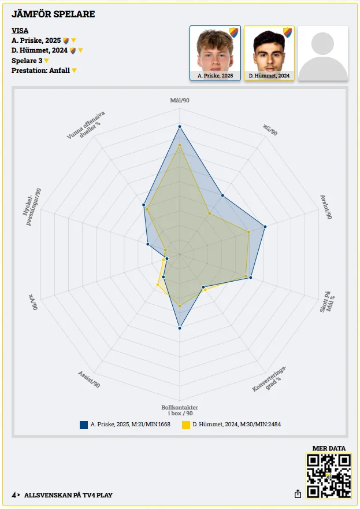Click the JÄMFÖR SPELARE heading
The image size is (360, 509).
pos(53,14)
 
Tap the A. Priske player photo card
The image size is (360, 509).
pos(215,53)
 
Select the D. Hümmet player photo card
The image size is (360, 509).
pos(269,53)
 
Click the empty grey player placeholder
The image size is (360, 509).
pos(323,53)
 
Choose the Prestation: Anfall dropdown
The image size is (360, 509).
pos(44,71)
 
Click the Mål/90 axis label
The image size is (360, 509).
pos(180,101)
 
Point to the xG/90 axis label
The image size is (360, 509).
pos(270,130)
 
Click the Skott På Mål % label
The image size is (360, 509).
pos(327,302)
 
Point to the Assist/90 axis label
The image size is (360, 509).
pos(89,378)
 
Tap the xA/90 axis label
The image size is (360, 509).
pos(33,302)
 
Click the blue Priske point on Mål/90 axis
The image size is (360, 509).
pos(180,126)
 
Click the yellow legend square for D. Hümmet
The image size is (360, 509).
pos(186,425)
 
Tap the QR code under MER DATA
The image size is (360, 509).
pos(328,475)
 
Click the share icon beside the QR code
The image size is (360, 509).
pos(298,494)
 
